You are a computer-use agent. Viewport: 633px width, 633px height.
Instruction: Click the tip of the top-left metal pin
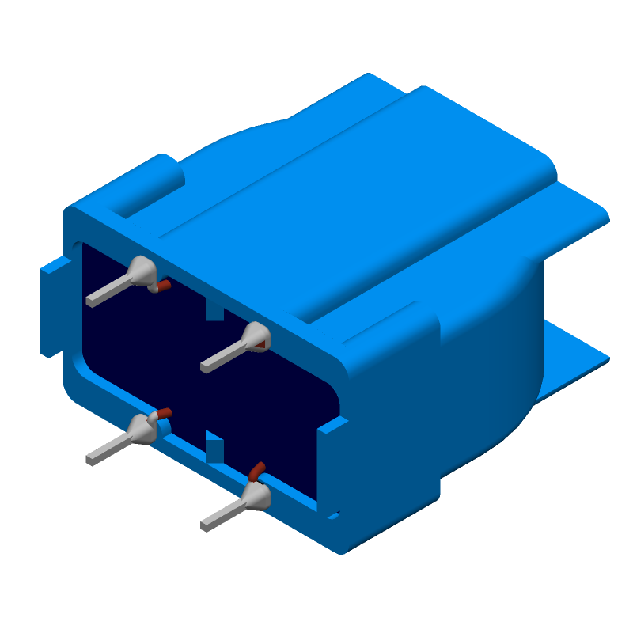coord(90,301)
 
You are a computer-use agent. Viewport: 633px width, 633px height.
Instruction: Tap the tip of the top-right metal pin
coord(205,368)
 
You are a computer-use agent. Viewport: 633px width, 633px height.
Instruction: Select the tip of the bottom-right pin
coord(205,525)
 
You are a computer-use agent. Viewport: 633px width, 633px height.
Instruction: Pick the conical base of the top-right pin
coord(256,336)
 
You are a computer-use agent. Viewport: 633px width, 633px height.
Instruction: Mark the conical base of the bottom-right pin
coord(256,496)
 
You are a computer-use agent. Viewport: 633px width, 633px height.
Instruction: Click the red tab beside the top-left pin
coord(163,285)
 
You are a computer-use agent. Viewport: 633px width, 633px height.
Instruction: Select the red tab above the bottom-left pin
coord(163,413)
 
